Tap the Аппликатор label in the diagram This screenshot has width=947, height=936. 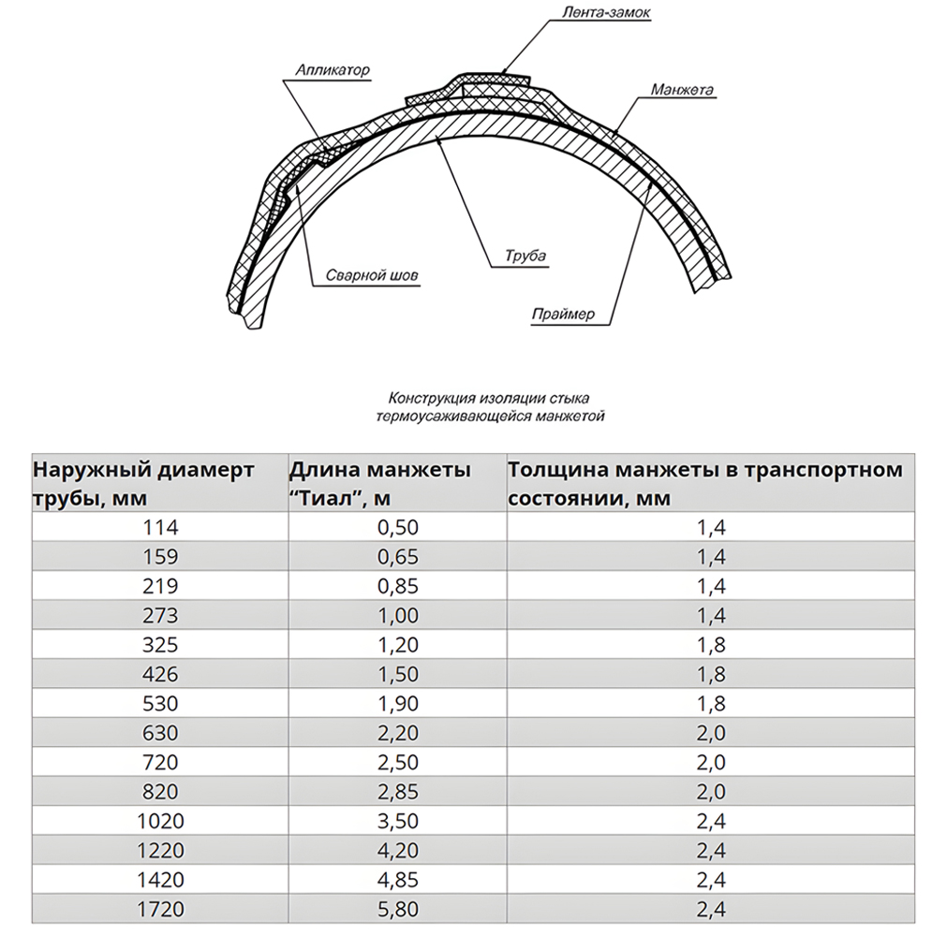click(333, 70)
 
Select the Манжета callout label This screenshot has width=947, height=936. click(682, 91)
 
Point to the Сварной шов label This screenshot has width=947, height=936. click(372, 276)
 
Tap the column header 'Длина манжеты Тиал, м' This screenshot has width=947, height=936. click(379, 483)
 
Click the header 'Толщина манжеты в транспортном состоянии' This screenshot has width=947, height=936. click(704, 483)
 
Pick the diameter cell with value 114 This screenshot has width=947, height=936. click(160, 527)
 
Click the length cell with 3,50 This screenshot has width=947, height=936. click(397, 822)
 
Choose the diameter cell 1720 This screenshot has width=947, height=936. click(160, 909)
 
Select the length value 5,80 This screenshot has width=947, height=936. click(397, 909)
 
